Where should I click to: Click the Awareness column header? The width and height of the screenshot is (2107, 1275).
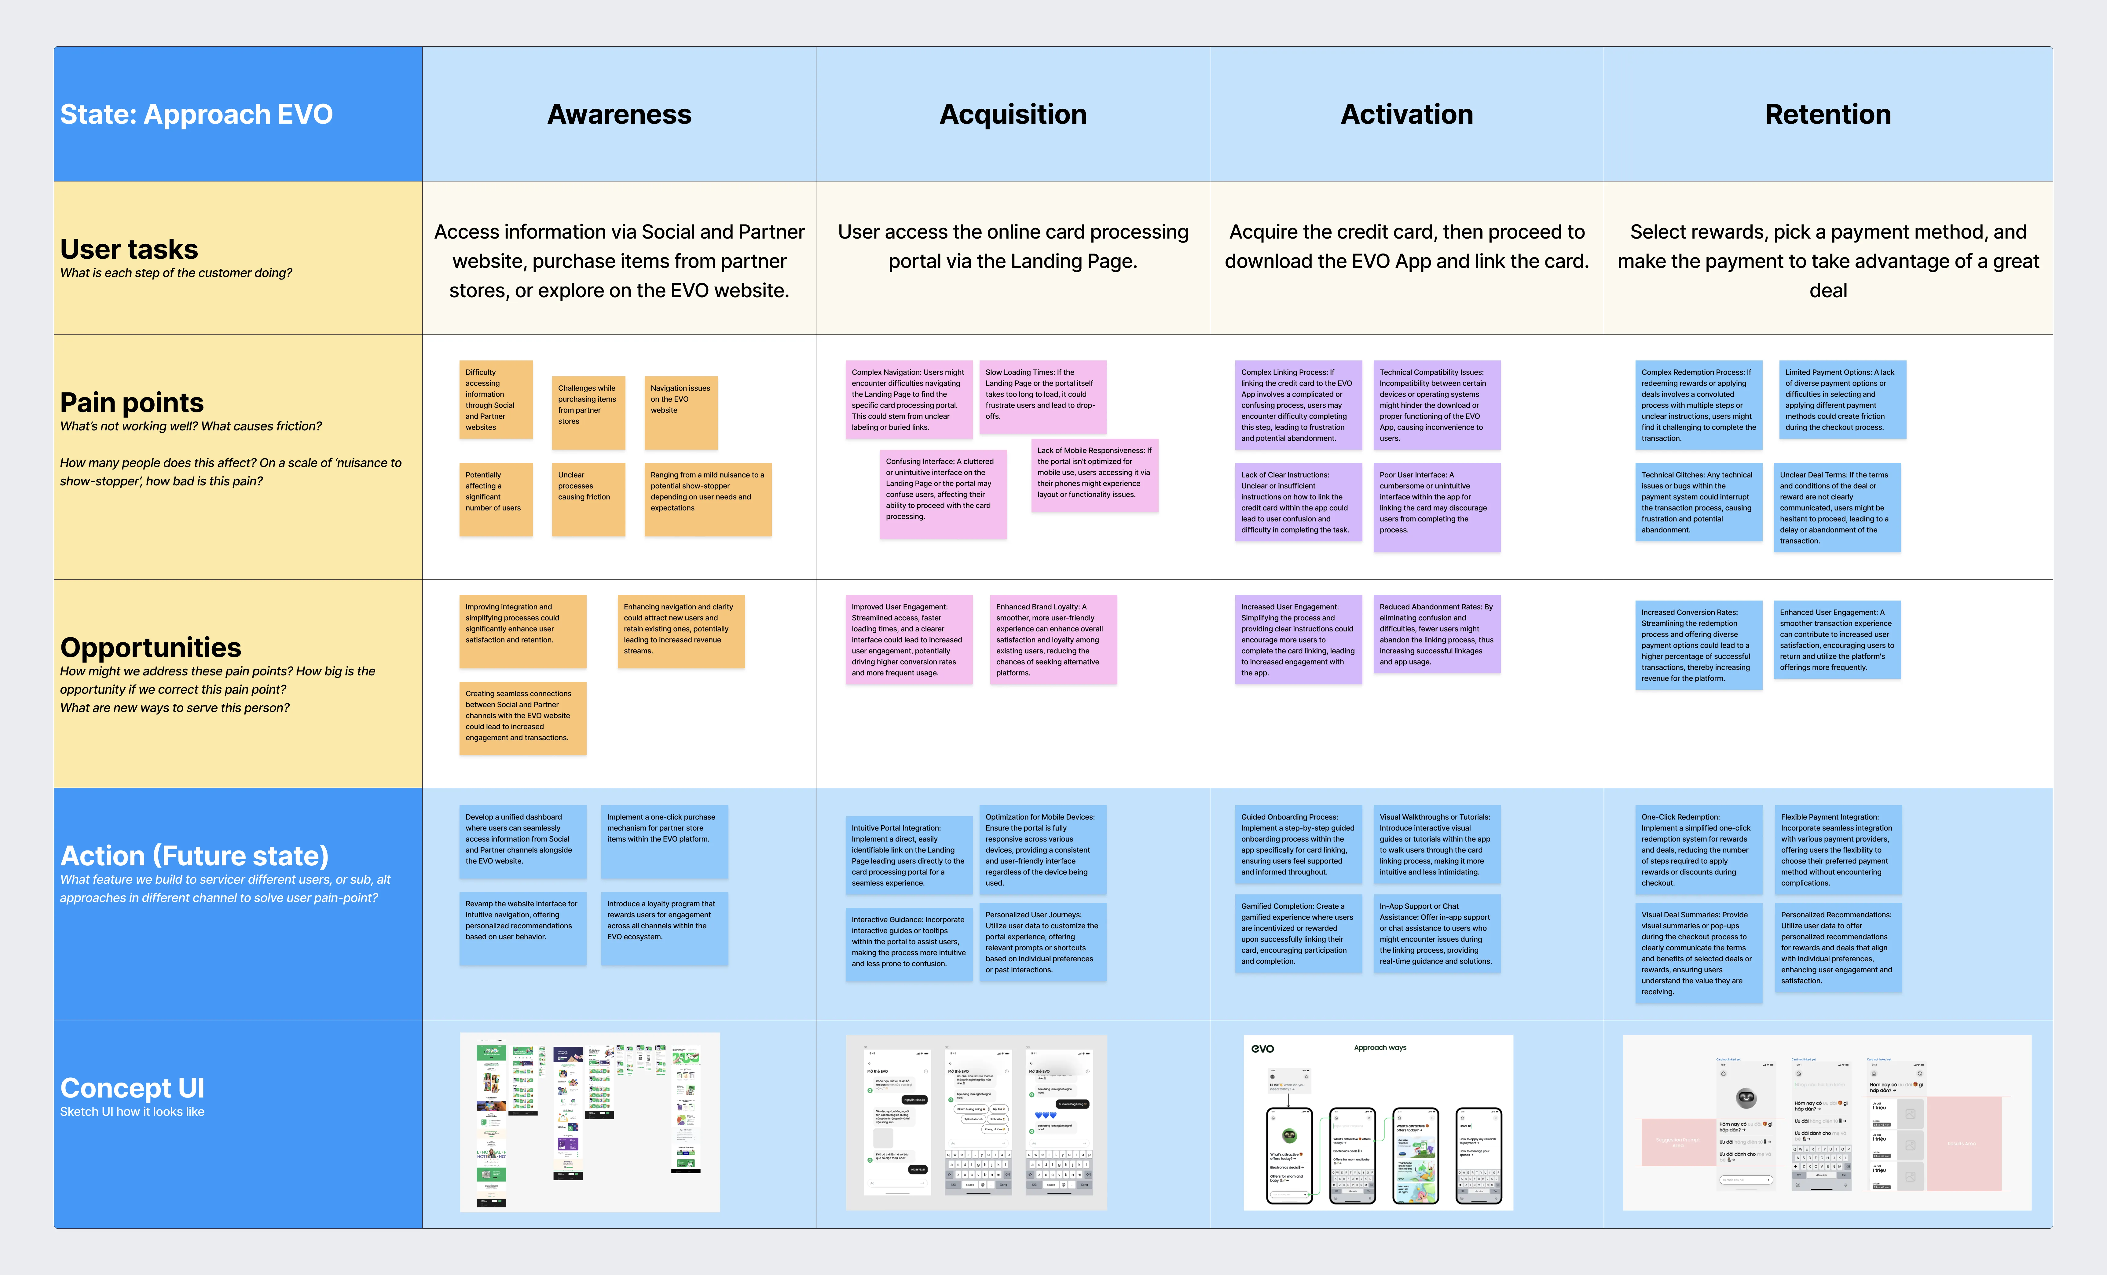[619, 115]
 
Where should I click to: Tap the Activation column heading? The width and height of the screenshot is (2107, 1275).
[1407, 115]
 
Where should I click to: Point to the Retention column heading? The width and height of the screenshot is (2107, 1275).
[1827, 115]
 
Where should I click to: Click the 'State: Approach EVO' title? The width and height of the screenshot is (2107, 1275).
[197, 115]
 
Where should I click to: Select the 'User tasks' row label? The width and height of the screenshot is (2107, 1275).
[129, 249]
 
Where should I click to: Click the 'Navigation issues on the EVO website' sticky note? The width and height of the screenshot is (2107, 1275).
[681, 412]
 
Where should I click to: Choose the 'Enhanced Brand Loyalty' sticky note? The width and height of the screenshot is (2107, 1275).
[1053, 640]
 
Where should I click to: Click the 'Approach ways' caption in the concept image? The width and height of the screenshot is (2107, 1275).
[1380, 1047]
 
